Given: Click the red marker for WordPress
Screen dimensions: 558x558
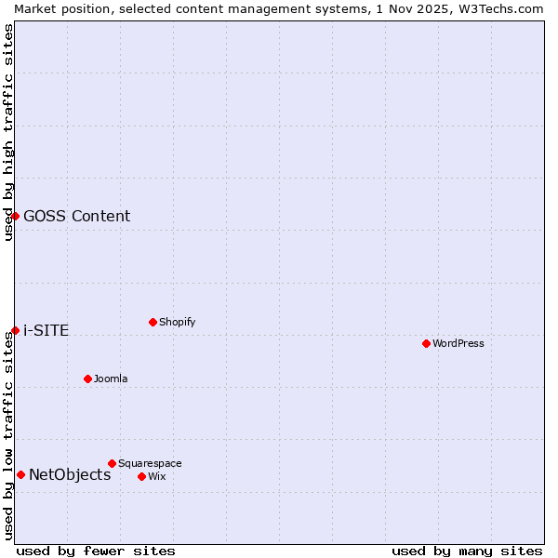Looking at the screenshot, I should (426, 343).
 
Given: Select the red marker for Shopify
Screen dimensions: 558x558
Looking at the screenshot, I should (153, 322).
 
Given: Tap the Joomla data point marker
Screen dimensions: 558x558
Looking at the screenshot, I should (87, 379).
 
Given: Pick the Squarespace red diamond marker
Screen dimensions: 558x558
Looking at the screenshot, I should (112, 463).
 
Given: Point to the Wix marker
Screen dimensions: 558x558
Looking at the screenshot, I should (141, 476).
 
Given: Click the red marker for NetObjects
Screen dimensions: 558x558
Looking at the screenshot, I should (20, 474).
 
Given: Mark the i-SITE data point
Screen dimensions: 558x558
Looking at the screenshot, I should (15, 330).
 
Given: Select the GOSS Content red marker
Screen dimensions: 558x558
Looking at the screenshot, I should (15, 216).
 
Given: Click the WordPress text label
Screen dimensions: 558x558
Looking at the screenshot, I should (458, 343).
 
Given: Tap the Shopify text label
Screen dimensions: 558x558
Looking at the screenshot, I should (177, 322).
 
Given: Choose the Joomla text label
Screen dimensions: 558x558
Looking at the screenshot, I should (111, 379).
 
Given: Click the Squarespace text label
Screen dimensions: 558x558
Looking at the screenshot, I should (150, 463).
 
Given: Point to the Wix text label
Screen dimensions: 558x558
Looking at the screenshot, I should (156, 476).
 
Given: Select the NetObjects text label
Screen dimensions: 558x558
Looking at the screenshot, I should (70, 474).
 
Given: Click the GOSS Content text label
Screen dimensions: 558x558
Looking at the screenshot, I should (76, 216).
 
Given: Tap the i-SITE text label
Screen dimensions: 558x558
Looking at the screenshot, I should (46, 330).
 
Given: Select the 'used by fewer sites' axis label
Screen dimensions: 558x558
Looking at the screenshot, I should (96, 551).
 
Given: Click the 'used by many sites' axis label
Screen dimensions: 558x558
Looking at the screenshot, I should (467, 551).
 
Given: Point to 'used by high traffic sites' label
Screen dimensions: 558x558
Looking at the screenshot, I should (8, 132).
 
